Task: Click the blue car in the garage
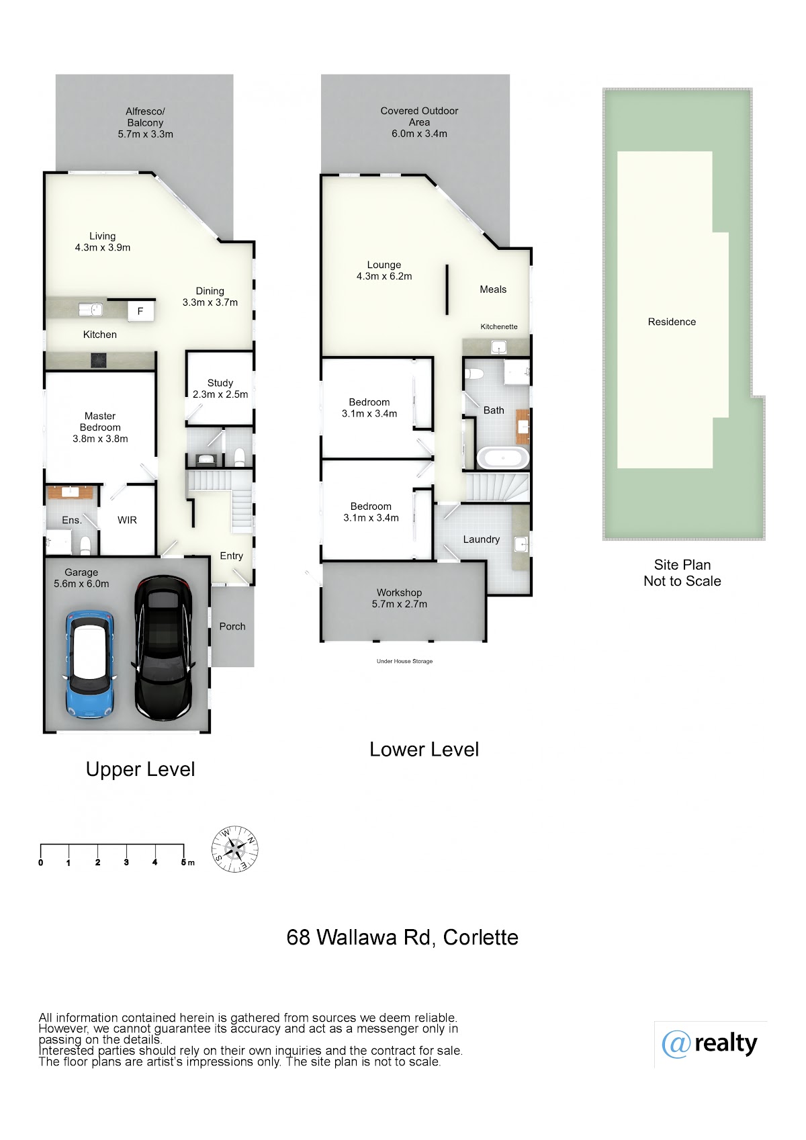(x=89, y=664)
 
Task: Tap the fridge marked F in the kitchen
(x=140, y=311)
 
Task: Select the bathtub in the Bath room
(x=502, y=458)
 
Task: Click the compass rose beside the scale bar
(x=234, y=849)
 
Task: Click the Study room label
(x=220, y=388)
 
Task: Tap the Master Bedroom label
(x=100, y=427)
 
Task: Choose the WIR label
(x=127, y=520)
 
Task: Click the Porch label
(x=232, y=627)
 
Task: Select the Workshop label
(x=400, y=599)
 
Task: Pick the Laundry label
(x=482, y=539)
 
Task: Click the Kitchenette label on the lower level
(x=499, y=326)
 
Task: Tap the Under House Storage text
(x=404, y=661)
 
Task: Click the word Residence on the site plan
(x=672, y=322)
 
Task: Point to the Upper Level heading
(x=140, y=769)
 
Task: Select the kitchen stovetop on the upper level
(x=99, y=360)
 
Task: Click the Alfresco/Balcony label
(x=146, y=123)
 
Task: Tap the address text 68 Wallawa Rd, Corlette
(x=402, y=937)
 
